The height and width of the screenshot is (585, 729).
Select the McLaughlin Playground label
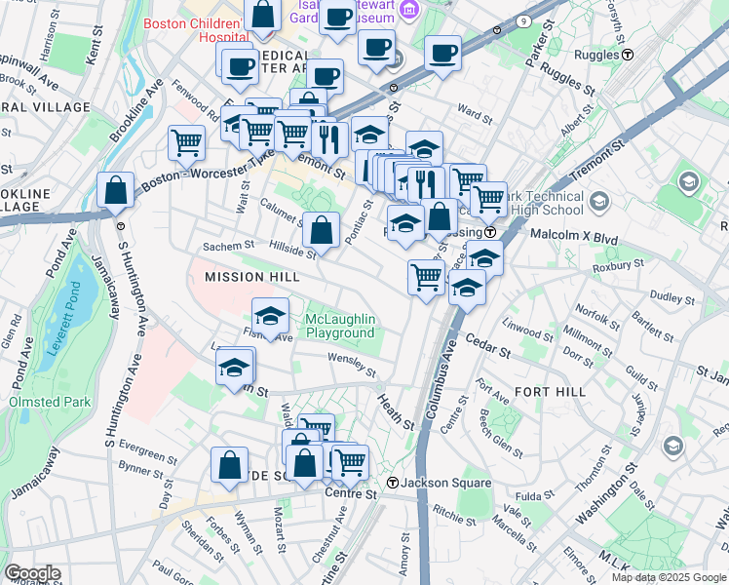click(340, 327)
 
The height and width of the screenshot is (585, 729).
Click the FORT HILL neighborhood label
click(551, 391)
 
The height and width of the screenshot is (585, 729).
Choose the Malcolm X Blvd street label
click(574, 235)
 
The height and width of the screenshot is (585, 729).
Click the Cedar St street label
click(488, 346)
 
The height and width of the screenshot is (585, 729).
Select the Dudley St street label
click(671, 294)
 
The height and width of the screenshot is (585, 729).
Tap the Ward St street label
click(475, 114)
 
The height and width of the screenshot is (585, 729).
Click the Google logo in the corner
click(31, 573)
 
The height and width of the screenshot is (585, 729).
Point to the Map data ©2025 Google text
click(669, 577)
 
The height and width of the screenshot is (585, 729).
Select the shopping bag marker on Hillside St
click(321, 230)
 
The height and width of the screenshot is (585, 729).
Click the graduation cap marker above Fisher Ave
click(270, 315)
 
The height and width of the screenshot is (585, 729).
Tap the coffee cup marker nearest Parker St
click(441, 53)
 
